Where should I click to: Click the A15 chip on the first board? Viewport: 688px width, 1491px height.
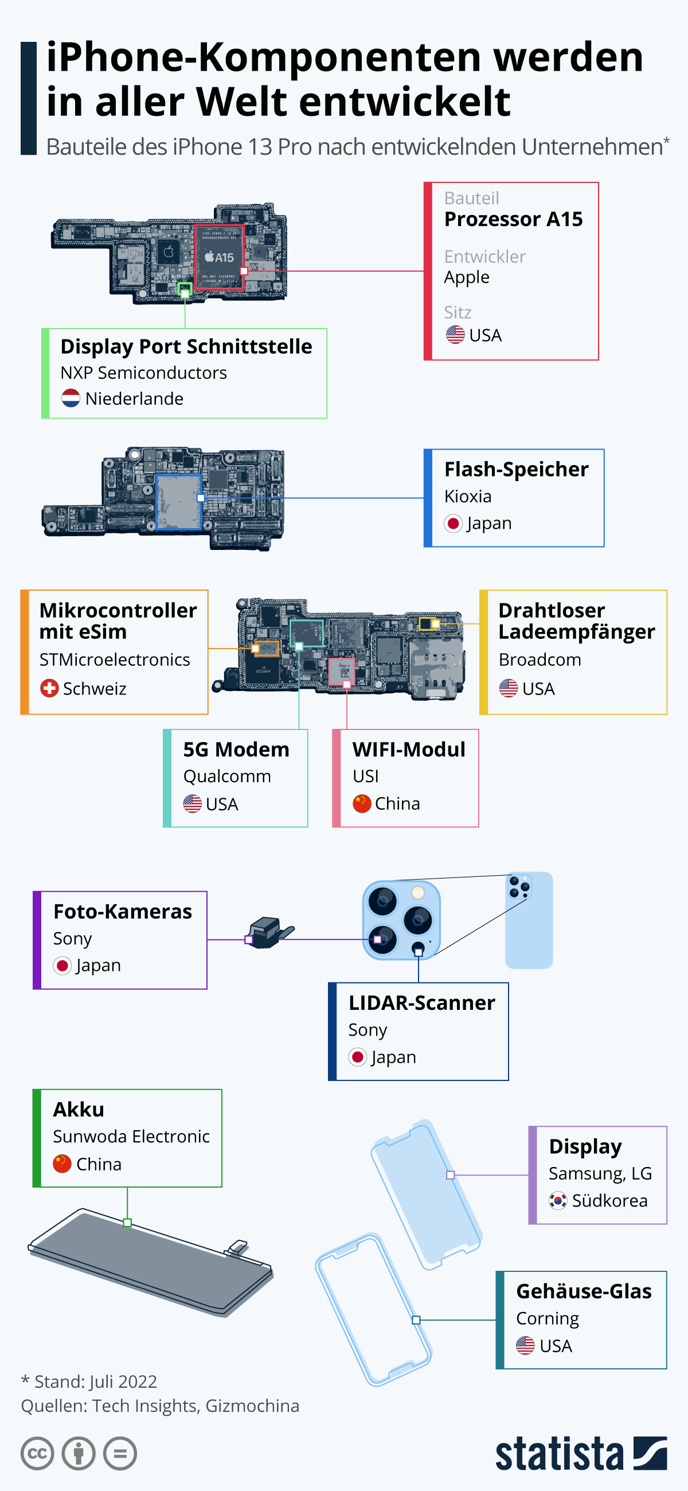point(218,256)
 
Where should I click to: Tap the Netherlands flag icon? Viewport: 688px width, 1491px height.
point(71,398)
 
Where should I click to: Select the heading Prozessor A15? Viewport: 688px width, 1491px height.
point(513,220)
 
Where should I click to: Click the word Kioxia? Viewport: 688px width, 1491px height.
point(467,497)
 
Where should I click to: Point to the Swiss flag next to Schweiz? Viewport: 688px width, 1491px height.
point(49,688)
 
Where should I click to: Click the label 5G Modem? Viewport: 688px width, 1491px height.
point(236,750)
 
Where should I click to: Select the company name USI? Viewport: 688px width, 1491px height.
point(365,776)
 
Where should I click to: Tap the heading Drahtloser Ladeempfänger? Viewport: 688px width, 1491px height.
point(576,620)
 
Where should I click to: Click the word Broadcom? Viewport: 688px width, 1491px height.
point(540,660)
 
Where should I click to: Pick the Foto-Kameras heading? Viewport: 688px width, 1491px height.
point(122,912)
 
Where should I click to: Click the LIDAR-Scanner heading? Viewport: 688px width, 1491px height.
point(421,1003)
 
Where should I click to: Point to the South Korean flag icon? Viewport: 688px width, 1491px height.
point(557,1200)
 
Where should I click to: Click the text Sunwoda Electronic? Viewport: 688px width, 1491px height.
point(131,1136)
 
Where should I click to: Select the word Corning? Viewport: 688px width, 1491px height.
point(547,1318)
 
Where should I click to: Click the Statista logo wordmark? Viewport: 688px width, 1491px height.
point(559,1453)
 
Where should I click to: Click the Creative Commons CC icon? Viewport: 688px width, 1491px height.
point(37,1453)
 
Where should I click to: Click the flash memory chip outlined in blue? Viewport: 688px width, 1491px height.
point(178,502)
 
